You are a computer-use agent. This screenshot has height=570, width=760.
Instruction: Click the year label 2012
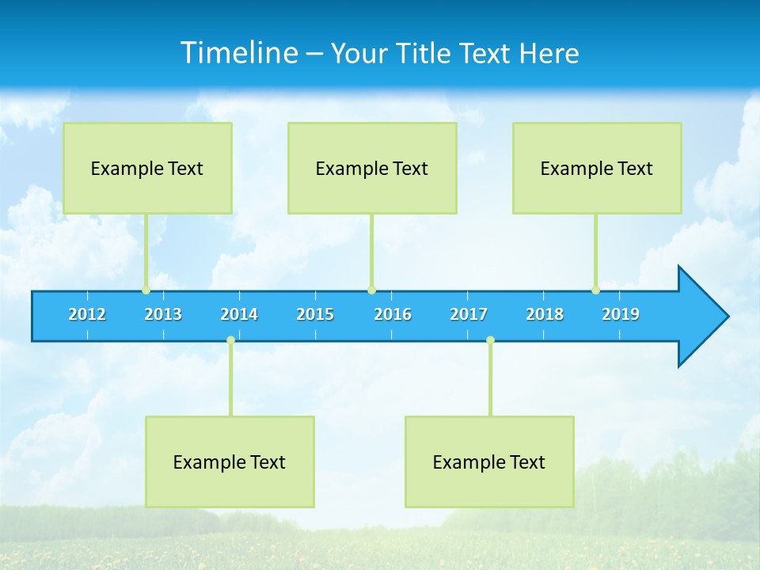[87, 314]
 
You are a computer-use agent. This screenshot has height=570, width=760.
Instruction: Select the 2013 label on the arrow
[163, 314]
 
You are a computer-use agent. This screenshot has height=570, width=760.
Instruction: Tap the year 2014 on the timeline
[239, 314]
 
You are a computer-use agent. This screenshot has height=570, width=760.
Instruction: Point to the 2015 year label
[315, 314]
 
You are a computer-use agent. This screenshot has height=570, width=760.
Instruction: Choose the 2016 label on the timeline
[393, 314]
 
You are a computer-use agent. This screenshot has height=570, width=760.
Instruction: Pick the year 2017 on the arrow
[469, 314]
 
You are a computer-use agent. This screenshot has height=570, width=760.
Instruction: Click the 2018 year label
[545, 314]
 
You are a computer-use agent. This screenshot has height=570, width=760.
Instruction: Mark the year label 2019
[621, 314]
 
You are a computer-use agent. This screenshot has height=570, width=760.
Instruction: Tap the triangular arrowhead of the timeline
[701, 317]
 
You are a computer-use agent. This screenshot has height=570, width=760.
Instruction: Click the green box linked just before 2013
[147, 168]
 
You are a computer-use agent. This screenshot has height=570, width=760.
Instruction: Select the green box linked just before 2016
[372, 168]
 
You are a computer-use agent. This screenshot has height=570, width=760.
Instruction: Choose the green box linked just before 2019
[597, 168]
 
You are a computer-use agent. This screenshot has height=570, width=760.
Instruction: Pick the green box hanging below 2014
[230, 462]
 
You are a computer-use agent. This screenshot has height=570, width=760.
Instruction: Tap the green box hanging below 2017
[489, 462]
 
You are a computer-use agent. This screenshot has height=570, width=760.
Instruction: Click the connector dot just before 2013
[146, 291]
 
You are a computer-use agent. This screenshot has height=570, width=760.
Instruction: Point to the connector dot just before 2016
[371, 291]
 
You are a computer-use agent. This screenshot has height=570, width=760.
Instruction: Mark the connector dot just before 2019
[595, 291]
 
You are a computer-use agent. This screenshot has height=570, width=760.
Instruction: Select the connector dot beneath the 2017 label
[490, 340]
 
